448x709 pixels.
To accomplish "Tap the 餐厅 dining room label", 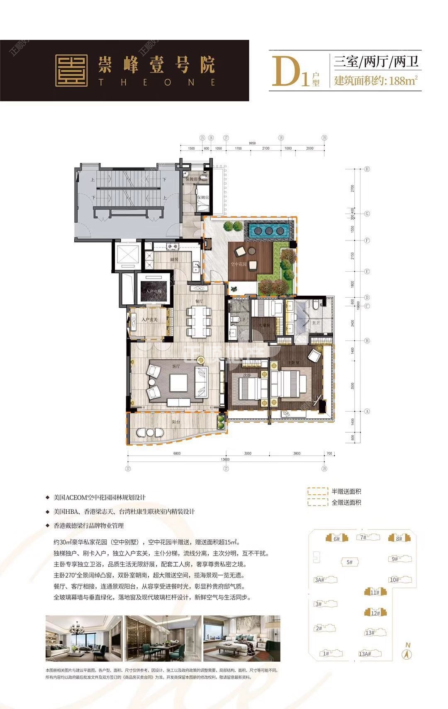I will click(x=199, y=301).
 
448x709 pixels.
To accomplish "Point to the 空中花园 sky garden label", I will click(x=239, y=264).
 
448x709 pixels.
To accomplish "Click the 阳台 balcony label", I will click(x=176, y=422).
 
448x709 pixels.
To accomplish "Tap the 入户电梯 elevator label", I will click(x=153, y=292).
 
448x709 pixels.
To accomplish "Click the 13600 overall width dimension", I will click(x=226, y=459).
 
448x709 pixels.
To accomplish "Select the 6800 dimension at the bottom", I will click(x=177, y=454).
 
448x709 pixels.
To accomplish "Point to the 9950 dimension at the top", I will click(x=252, y=143).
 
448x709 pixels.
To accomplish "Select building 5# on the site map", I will click(x=349, y=562).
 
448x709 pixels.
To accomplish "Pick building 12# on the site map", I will click(x=375, y=613).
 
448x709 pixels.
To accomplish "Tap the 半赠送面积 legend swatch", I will click(x=317, y=491).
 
